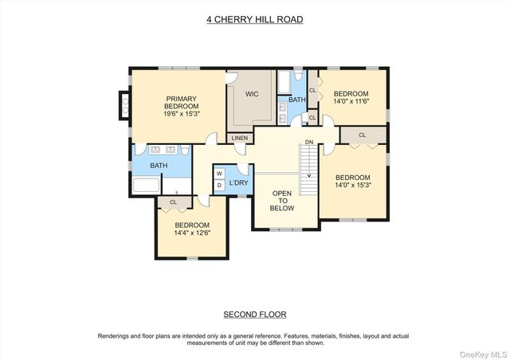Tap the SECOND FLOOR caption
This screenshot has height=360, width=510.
click(254, 314)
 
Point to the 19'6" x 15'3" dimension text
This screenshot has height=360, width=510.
click(181, 114)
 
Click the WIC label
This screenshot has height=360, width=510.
click(252, 94)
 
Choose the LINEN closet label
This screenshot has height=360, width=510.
click(240, 139)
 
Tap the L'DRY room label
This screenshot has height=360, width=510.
click(239, 183)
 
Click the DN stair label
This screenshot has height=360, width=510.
click(310, 142)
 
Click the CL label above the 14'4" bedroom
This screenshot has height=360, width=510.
click(173, 202)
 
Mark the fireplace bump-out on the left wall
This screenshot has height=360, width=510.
click(124, 104)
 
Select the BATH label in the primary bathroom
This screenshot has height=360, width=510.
click(159, 166)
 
